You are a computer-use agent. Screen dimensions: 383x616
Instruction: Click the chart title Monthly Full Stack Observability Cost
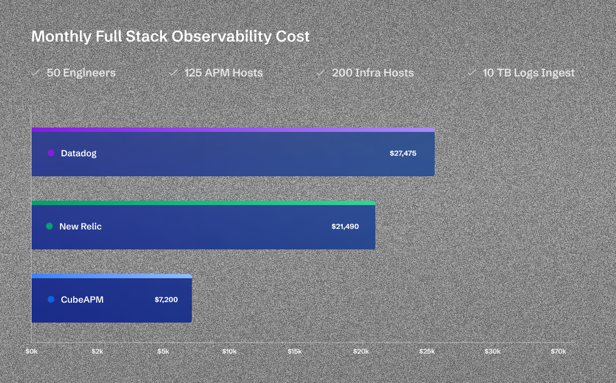click(x=170, y=37)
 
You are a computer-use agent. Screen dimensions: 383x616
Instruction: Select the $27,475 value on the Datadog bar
click(x=403, y=154)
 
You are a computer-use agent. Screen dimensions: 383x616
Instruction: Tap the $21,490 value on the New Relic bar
click(x=345, y=227)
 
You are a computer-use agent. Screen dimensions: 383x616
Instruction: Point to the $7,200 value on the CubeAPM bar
click(x=166, y=300)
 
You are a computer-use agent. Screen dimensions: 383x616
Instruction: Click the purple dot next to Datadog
click(x=51, y=153)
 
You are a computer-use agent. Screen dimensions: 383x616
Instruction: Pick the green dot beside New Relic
click(x=49, y=226)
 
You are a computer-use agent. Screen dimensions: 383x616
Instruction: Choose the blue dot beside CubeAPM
click(x=51, y=299)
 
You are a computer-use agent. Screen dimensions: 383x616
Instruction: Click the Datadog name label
click(x=79, y=154)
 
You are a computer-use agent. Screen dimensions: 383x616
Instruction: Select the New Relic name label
click(x=80, y=227)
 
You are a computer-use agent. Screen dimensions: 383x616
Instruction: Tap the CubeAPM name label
click(x=82, y=300)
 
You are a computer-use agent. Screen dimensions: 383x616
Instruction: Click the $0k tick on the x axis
click(x=32, y=352)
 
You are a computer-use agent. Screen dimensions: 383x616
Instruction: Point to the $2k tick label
click(x=98, y=352)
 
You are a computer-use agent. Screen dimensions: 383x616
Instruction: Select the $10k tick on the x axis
click(x=229, y=352)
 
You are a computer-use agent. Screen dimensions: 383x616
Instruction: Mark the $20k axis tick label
click(x=361, y=352)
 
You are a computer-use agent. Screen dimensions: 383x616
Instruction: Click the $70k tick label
click(x=558, y=352)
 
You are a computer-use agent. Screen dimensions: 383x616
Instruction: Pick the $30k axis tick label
click(x=492, y=352)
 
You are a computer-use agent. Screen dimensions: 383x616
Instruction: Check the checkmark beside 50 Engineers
click(x=35, y=73)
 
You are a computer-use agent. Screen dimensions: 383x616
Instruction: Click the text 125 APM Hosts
click(x=223, y=73)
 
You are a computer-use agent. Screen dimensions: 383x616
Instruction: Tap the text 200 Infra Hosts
click(x=373, y=73)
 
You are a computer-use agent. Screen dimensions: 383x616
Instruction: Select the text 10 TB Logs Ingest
click(x=528, y=73)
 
